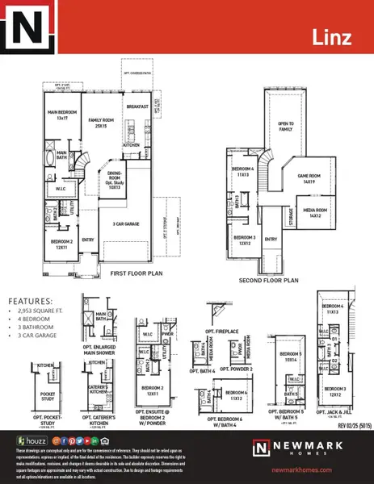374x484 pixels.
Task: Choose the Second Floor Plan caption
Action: (x=269, y=280)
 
